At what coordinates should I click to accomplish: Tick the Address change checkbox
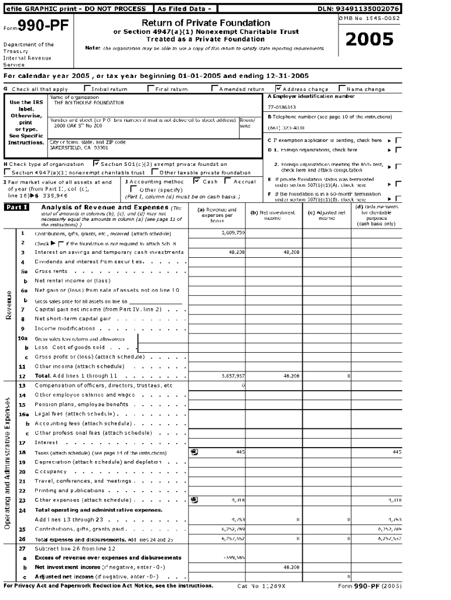279,89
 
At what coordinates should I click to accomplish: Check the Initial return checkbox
87,89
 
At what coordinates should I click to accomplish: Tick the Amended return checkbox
214,89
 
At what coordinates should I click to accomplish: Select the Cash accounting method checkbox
197,181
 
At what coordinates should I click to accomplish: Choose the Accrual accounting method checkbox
229,181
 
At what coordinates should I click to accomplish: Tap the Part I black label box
16,208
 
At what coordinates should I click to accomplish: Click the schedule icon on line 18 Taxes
194,452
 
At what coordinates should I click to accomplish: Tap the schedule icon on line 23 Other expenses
194,500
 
